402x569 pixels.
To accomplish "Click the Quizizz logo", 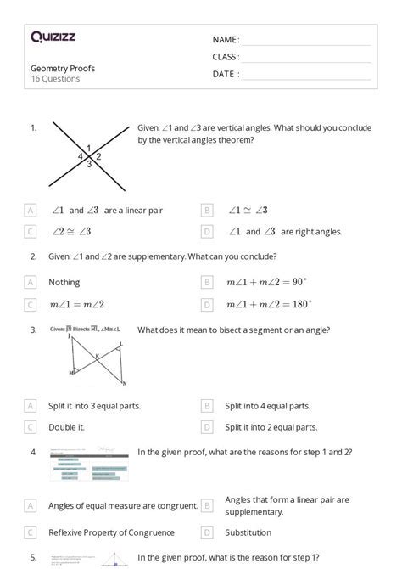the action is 53,37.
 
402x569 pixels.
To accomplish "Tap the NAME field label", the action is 226,40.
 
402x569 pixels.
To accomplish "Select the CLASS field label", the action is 226,57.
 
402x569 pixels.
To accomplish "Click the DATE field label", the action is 226,74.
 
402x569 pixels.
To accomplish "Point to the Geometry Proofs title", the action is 63,68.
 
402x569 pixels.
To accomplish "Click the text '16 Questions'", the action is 55,79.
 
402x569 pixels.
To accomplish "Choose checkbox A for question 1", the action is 31,210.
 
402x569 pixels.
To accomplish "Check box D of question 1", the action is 207,231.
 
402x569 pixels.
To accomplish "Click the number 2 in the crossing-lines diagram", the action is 98,156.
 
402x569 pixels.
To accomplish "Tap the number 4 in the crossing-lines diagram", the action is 81,157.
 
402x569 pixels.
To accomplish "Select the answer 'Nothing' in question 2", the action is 64,282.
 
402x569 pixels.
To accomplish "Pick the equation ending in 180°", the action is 269,304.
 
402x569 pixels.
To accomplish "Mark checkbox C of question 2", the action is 31,304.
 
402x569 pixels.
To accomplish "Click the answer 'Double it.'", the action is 66,427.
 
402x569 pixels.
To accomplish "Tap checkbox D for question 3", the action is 207,427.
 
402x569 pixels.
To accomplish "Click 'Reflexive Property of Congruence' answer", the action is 111,532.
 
